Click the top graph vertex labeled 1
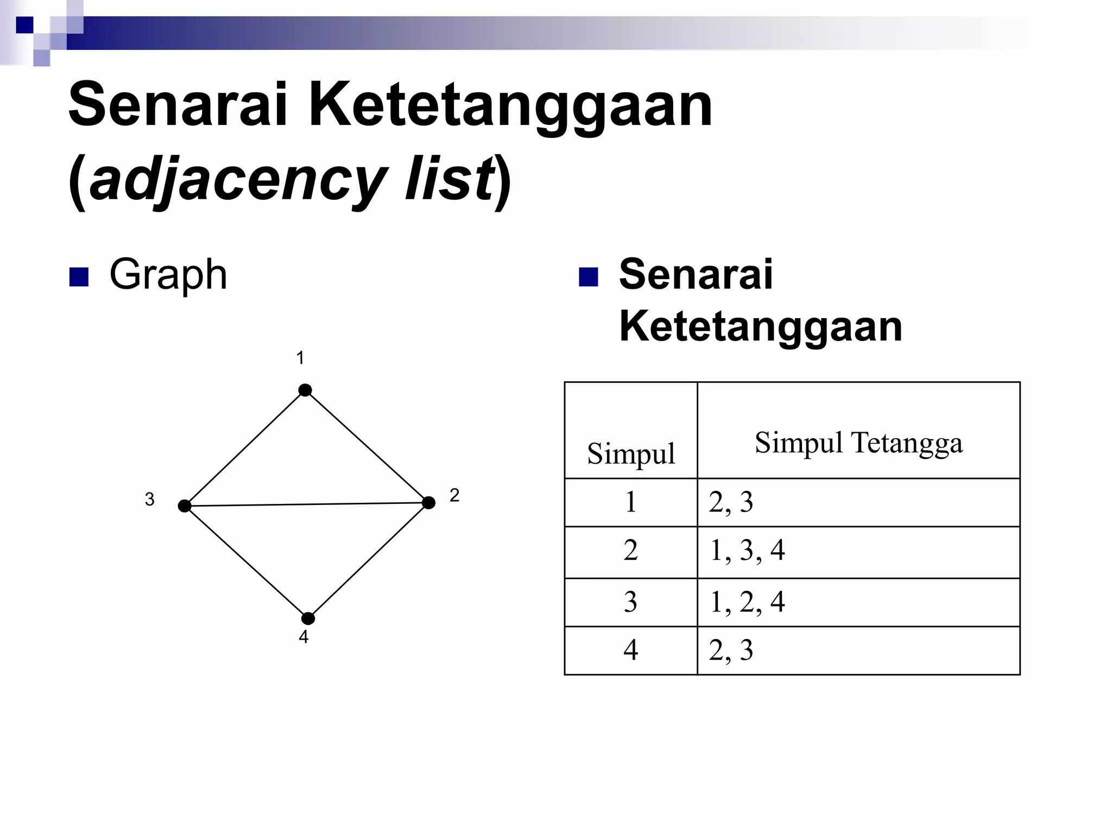click(x=305, y=390)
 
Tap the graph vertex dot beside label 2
click(x=428, y=503)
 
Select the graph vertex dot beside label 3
click(x=185, y=506)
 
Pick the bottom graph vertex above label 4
click(x=308, y=618)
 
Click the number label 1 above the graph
click(x=300, y=358)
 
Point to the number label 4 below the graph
click(x=304, y=637)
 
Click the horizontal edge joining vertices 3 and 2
click(x=307, y=504)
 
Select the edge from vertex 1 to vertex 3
click(x=245, y=448)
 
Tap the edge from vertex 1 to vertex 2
click(x=367, y=446)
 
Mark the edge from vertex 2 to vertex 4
click(x=368, y=561)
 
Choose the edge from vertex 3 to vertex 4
click(x=247, y=563)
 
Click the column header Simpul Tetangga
click(x=858, y=443)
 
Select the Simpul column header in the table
click(x=631, y=453)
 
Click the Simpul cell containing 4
click(x=630, y=650)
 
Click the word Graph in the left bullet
click(x=168, y=275)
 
